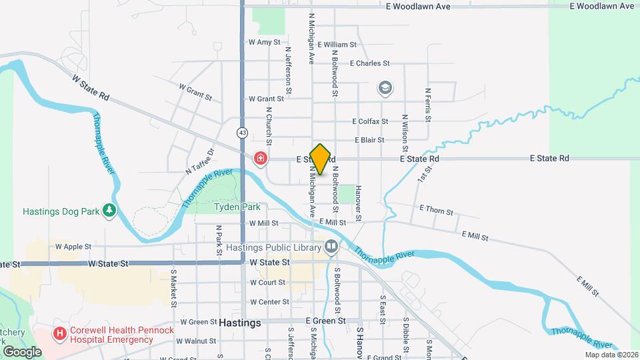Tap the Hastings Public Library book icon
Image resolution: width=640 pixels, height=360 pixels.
[x=331, y=247]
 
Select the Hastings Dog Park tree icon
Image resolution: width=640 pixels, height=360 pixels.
[x=109, y=211]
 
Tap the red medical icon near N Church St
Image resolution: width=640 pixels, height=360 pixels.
[x=260, y=159]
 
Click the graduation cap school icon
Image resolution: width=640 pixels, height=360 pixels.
[x=385, y=87]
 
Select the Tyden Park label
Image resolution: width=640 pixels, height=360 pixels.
[x=237, y=207]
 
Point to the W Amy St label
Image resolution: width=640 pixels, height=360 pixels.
[x=261, y=41]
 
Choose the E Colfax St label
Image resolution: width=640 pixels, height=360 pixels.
[x=370, y=121]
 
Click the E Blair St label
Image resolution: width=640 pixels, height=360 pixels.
[x=369, y=141]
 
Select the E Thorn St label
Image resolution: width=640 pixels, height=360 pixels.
[x=436, y=211]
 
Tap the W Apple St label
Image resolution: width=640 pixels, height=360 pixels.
[x=73, y=246]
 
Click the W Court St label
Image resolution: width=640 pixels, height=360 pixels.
[x=267, y=282]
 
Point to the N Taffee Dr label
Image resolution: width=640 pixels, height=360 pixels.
[x=198, y=162]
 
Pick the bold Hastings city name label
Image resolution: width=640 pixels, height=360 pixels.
[x=240, y=322]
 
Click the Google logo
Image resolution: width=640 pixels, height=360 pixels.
[x=22, y=351]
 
